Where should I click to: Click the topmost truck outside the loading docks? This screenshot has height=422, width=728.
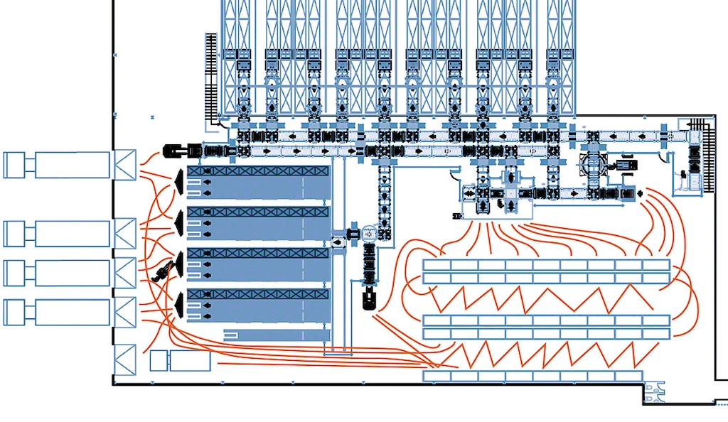click(x=57, y=165)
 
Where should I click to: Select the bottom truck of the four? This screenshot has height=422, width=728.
click(x=57, y=312)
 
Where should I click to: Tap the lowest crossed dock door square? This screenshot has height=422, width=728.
click(x=124, y=359)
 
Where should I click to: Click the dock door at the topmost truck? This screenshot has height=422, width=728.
click(x=124, y=165)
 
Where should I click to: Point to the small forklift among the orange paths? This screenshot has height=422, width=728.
click(x=164, y=271)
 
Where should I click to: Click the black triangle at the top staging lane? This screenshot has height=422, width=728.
click(x=178, y=184)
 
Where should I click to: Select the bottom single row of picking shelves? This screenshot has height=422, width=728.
click(x=532, y=376)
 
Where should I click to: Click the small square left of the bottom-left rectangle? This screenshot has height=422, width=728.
click(x=158, y=361)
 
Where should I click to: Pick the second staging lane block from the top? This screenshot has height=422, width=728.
click(x=257, y=223)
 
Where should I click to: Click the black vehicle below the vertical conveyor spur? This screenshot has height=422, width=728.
click(x=369, y=298)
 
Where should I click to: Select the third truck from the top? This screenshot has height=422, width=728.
click(x=57, y=273)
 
